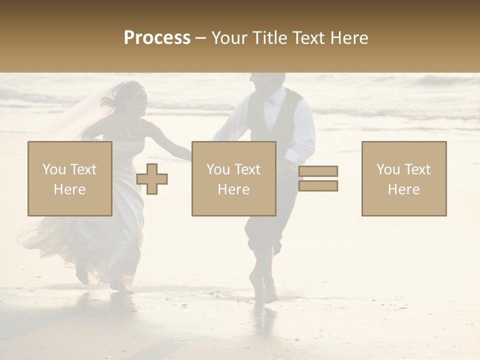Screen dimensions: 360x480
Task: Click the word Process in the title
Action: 157,38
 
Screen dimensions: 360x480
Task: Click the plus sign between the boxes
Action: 152,179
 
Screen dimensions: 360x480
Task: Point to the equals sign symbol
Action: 318,178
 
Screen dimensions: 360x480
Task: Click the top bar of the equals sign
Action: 318,171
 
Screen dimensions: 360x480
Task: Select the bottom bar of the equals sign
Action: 318,185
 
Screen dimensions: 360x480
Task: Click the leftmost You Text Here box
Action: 70,178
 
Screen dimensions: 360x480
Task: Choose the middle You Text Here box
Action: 233,178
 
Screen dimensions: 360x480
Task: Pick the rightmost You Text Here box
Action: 403,178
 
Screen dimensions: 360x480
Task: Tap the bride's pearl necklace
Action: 131,128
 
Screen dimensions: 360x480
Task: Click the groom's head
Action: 268,82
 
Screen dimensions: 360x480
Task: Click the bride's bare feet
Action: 120,286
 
